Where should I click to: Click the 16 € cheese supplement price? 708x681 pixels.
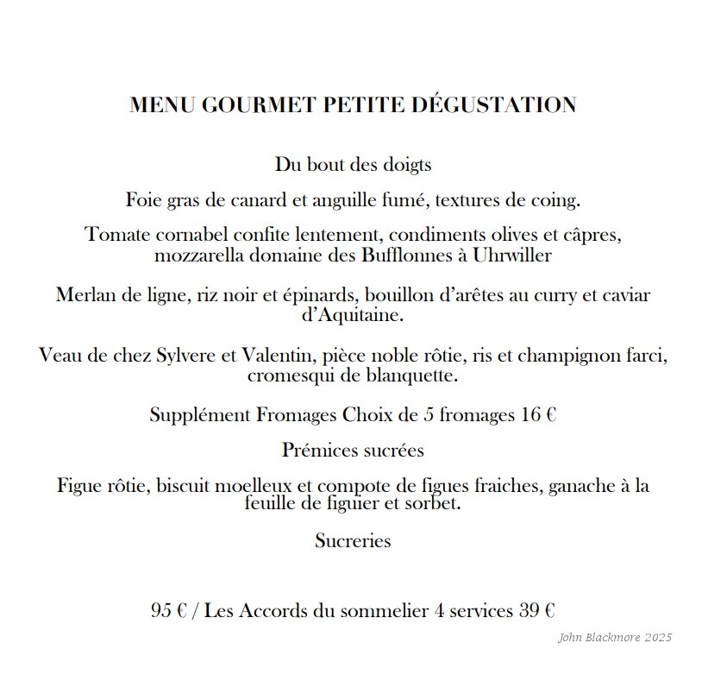(538, 414)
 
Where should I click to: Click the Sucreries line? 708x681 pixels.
(353, 541)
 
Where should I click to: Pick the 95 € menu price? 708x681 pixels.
(169, 611)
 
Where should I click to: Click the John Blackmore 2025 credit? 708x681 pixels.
(615, 638)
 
